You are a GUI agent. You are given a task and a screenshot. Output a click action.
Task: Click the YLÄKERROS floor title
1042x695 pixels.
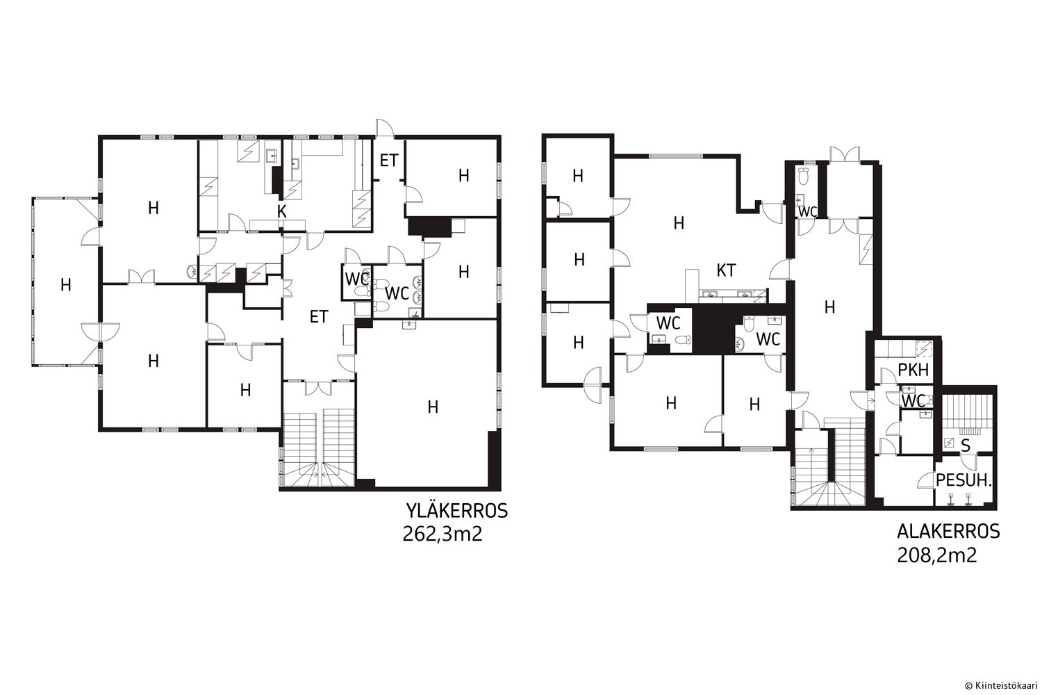(457, 511)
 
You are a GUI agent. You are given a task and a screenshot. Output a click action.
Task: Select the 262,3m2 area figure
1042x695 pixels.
(442, 534)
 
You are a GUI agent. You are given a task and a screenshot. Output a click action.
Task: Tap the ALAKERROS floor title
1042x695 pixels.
(948, 532)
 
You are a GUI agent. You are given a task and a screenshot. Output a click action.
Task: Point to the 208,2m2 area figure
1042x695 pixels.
(937, 555)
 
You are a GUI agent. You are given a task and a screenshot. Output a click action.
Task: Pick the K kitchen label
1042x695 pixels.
(282, 212)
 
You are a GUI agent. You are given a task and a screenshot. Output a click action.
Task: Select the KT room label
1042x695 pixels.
(726, 270)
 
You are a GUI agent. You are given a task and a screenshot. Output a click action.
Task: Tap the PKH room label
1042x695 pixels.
(913, 370)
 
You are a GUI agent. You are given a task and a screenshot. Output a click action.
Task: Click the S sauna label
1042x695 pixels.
(966, 445)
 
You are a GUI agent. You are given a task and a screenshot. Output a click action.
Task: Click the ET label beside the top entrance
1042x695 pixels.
(389, 161)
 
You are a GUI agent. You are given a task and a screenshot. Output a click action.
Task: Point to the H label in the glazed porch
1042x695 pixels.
(66, 284)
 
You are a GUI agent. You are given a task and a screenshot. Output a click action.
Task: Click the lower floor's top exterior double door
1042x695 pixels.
(844, 154)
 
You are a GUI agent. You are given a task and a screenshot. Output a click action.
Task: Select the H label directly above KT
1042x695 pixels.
(679, 224)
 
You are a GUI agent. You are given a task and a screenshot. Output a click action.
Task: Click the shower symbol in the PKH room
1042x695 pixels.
(923, 348)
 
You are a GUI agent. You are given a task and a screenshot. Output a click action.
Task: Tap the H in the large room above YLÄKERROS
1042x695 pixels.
(433, 407)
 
